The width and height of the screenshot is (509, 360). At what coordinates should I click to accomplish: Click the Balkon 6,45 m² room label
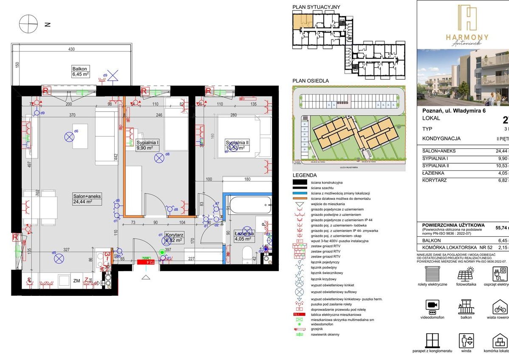(80, 71)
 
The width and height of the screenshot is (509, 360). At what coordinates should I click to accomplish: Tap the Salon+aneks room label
(87, 199)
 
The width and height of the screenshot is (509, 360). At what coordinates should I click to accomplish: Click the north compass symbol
(28, 24)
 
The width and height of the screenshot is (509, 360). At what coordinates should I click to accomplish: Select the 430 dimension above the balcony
(71, 50)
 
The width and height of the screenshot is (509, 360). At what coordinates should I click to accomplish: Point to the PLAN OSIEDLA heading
(310, 81)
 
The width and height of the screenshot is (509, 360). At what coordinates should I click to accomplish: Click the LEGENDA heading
(305, 175)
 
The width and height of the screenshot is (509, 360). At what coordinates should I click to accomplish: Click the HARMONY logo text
(467, 37)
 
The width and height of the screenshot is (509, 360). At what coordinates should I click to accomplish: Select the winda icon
(466, 341)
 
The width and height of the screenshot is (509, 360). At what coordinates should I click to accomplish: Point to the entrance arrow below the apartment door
(146, 277)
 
